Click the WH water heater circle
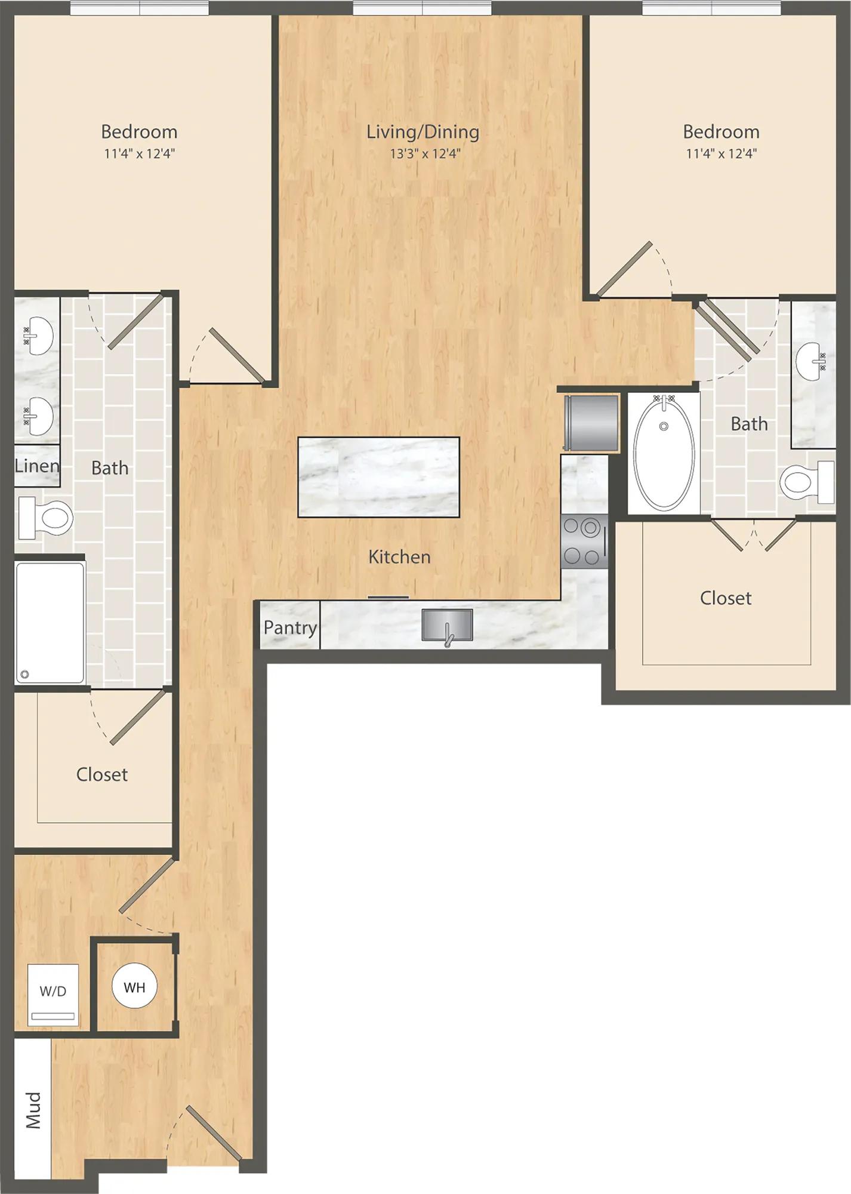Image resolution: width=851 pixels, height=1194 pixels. point(134,987)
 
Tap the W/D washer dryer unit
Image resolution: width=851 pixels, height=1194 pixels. point(53,994)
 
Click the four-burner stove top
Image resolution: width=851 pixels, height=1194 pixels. point(584,541)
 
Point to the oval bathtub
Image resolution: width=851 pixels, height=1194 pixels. point(664,452)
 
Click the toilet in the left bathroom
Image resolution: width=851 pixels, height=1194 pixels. point(45,518)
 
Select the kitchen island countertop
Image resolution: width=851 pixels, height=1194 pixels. point(379,477)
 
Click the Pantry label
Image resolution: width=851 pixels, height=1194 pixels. point(290,627)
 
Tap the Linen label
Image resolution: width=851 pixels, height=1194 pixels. point(37,466)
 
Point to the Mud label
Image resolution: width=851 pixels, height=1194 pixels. point(34,1110)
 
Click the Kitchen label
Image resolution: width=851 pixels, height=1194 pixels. point(399,557)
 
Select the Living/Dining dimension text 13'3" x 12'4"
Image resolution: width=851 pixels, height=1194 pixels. point(425,153)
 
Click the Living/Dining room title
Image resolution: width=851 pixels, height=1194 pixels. point(423,132)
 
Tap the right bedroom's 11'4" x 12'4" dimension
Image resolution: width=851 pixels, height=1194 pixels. point(721,153)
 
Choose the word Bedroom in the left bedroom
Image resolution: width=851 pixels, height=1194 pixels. point(139,131)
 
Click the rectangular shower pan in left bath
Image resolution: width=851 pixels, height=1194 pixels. point(50,623)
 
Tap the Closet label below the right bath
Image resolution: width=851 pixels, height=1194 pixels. point(726,598)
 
